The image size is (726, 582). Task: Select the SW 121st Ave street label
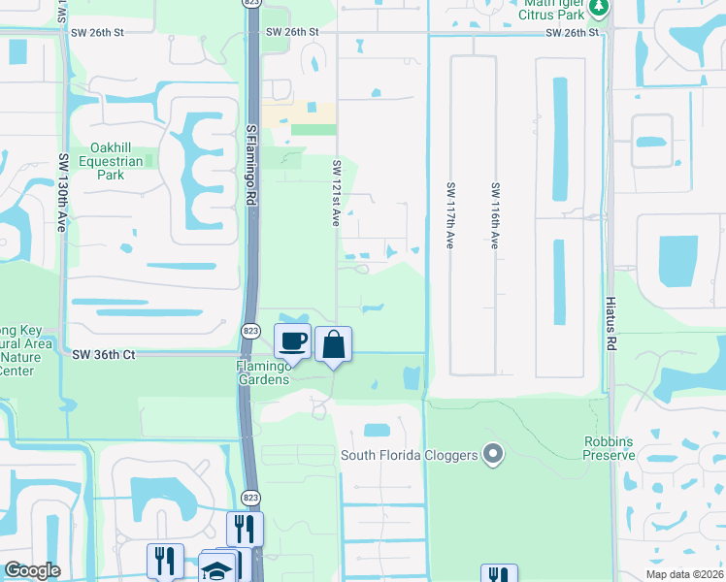click(336, 193)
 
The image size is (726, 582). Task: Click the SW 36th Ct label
click(104, 355)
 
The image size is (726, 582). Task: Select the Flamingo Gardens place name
click(263, 372)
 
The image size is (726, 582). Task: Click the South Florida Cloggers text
click(408, 455)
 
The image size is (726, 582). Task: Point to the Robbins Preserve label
click(609, 447)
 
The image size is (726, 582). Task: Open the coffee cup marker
click(293, 341)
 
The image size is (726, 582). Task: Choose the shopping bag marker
click(333, 344)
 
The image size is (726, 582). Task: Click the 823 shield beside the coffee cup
click(249, 332)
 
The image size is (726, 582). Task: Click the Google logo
click(33, 570)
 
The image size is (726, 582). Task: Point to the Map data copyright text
click(685, 574)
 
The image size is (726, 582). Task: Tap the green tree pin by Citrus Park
click(600, 9)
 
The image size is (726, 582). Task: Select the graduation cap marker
click(217, 570)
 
